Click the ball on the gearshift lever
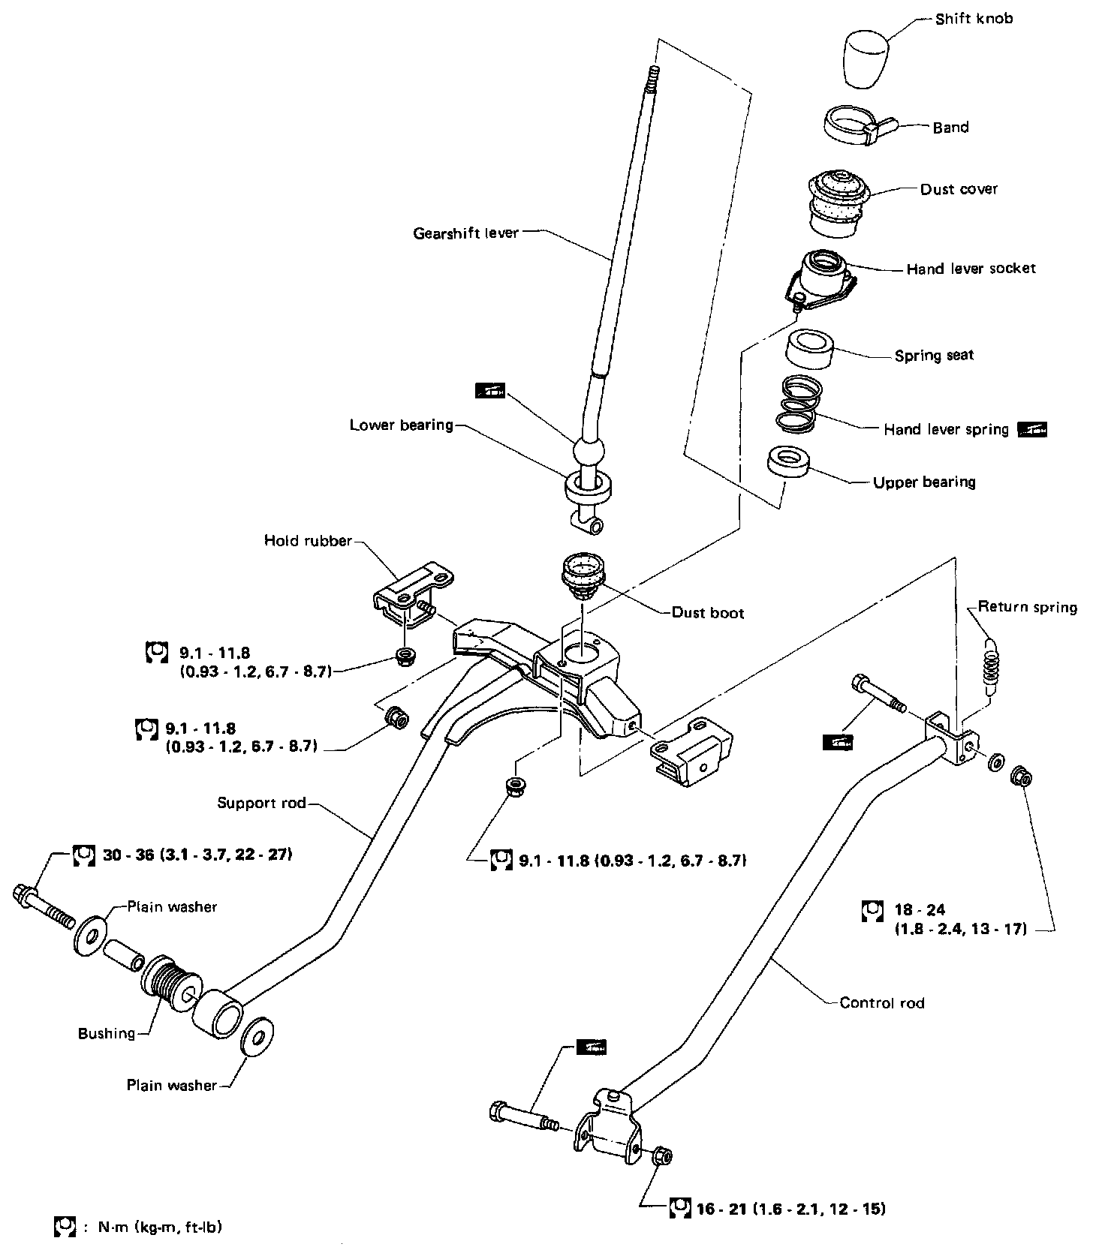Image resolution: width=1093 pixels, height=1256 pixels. (589, 453)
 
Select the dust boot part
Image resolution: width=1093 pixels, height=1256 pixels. (583, 574)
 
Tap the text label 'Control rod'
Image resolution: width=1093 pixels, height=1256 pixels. (882, 1002)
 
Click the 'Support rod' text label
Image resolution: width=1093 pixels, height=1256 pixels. (261, 803)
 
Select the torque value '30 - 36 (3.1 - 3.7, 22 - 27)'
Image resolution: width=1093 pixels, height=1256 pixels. (197, 854)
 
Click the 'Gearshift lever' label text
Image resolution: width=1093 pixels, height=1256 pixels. (465, 233)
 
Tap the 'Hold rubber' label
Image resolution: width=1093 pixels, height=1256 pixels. (308, 540)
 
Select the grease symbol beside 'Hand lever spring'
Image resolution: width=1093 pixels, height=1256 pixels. (1031, 429)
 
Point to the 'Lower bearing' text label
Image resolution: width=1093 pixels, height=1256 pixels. (402, 425)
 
